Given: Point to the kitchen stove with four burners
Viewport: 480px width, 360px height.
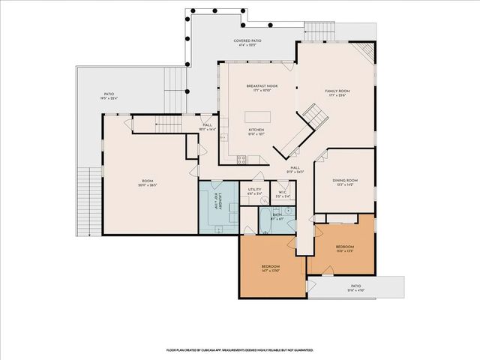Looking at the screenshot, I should point(241,158).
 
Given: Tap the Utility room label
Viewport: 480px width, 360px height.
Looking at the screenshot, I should point(255,191).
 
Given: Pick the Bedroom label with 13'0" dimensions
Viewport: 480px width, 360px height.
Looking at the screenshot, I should point(345,248).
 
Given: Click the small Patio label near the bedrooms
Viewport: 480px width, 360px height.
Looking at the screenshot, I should point(355,287).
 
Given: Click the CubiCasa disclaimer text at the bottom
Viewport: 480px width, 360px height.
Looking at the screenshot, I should point(240,349).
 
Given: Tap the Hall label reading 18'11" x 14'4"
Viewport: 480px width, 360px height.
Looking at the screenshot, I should point(207,127).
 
